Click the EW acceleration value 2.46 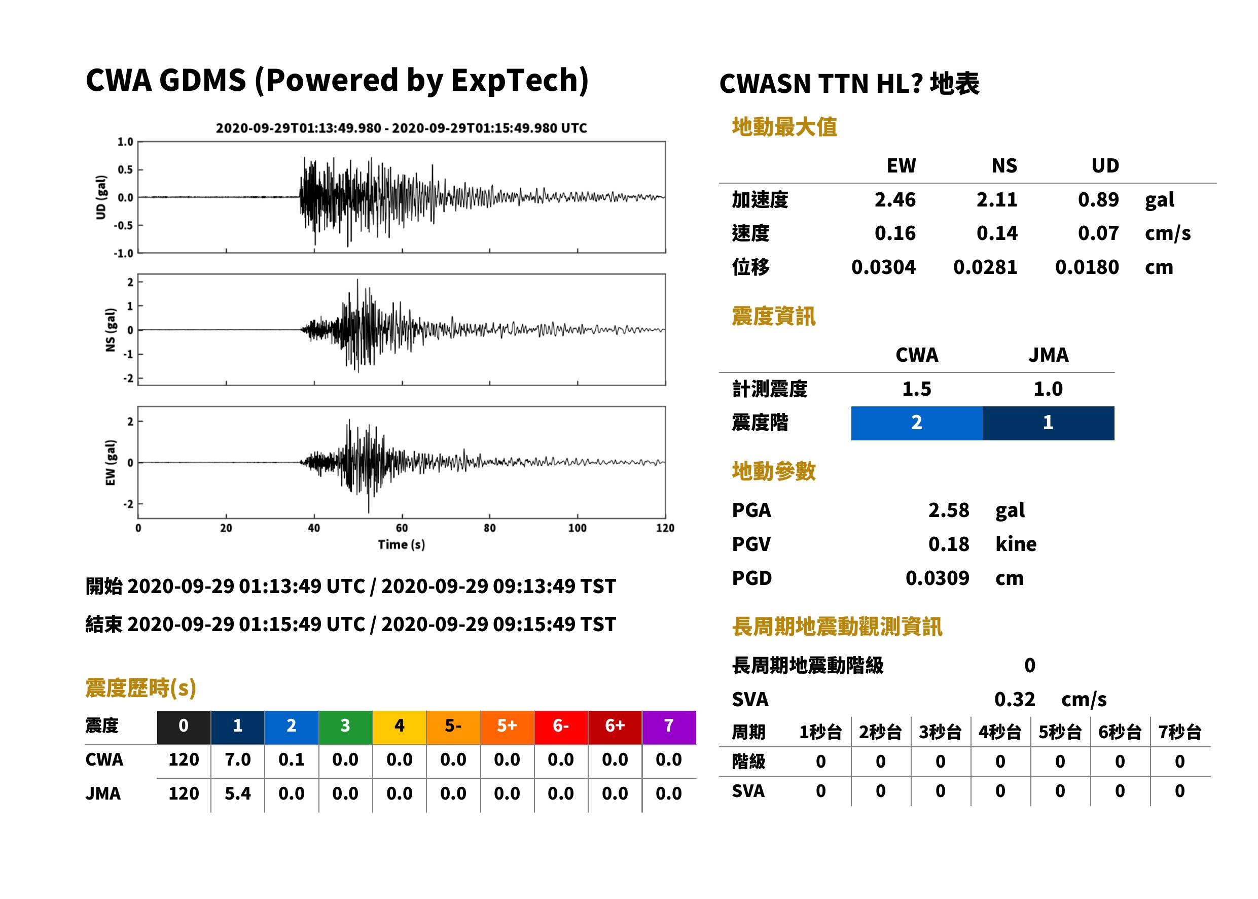tap(894, 199)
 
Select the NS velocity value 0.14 tap(996, 233)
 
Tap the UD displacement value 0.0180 tap(1087, 267)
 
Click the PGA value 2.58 tap(948, 510)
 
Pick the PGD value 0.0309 tap(937, 578)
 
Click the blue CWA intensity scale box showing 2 tap(917, 423)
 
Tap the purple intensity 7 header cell tap(669, 727)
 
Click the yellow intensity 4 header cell tap(400, 727)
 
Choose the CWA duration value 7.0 tap(238, 759)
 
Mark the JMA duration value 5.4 tap(238, 793)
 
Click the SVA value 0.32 tap(1014, 699)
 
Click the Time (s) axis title tap(402, 545)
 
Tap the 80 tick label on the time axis tap(490, 528)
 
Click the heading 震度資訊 tap(773, 316)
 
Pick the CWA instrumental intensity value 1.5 tap(917, 389)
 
